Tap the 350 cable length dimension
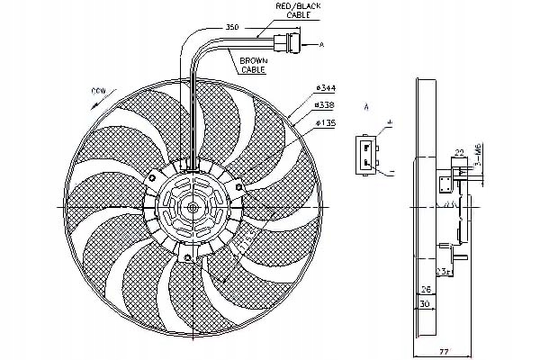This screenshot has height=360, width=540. point(233,28)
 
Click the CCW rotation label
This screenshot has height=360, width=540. point(100,91)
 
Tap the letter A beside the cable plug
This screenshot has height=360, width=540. point(321,42)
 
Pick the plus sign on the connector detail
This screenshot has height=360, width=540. point(390,121)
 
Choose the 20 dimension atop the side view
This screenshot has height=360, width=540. point(459,153)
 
